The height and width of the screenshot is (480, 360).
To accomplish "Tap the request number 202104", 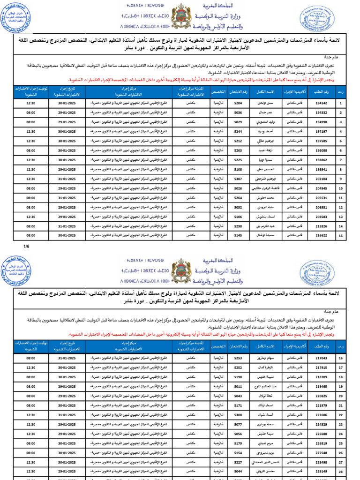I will click(x=322, y=179).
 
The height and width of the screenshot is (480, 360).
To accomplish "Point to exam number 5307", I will click(x=238, y=179).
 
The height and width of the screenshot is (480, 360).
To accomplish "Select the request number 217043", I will click(x=322, y=358).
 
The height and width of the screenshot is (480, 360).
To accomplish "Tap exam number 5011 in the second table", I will click(x=238, y=386).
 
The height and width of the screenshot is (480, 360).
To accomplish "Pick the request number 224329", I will click(x=322, y=424).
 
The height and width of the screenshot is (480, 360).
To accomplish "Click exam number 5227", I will click(x=238, y=462).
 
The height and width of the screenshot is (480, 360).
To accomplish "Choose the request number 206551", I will click(x=322, y=207).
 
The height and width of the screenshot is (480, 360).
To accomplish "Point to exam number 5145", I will click(x=238, y=235).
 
